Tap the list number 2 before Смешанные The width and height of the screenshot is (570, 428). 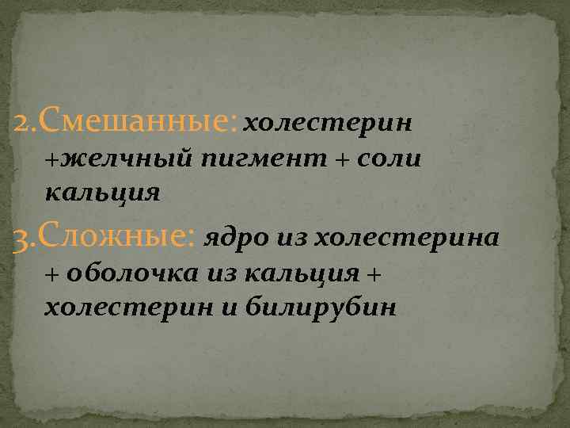21,123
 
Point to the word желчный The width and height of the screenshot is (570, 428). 127,159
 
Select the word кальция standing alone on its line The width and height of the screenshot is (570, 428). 103,192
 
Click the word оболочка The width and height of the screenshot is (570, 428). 135,273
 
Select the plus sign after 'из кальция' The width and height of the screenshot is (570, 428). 374,273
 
